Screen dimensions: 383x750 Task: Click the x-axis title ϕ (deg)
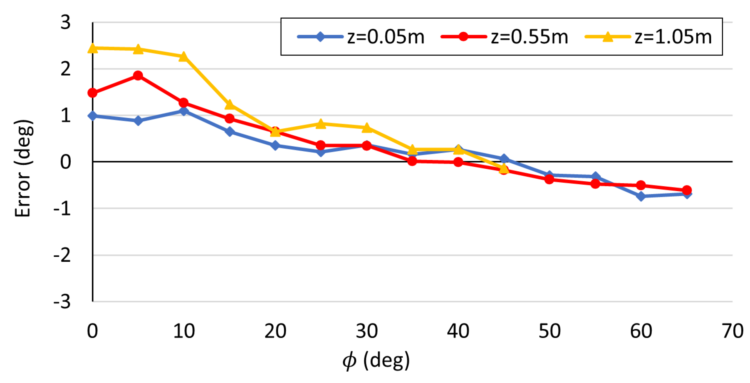pos(376,361)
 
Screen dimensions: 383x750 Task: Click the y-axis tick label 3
pos(66,22)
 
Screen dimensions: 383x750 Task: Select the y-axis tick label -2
pos(62,255)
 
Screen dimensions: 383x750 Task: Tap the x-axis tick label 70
pos(732,331)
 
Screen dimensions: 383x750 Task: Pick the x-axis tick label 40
pos(458,331)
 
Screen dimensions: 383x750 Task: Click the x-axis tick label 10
pos(184,331)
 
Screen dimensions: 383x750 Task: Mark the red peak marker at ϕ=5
pos(138,76)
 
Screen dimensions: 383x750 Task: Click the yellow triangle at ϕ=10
pos(184,56)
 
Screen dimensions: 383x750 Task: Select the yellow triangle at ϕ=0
pos(93,48)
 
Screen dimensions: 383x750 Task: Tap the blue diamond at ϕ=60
pos(641,196)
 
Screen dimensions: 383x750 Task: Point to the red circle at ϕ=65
pos(687,190)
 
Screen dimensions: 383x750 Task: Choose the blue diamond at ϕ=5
pos(138,120)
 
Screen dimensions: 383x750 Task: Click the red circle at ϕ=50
pos(549,179)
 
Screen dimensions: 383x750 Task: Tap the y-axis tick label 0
pos(66,162)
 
